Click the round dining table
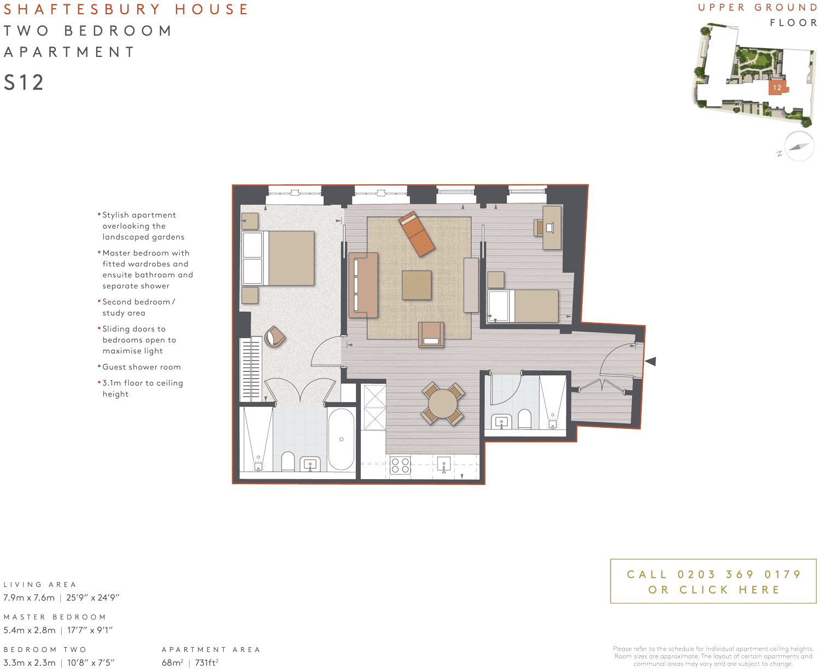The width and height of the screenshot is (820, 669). click(x=443, y=404)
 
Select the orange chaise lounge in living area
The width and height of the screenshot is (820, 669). click(x=417, y=234)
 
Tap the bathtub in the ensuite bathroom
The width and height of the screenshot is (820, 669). click(x=341, y=439)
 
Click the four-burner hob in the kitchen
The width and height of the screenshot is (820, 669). click(x=400, y=466)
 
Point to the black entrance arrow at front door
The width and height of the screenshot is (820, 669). click(x=650, y=361)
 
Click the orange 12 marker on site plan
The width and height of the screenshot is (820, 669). click(x=776, y=88)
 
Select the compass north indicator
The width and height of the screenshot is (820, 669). click(x=799, y=146)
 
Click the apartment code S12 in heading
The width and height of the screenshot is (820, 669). click(x=24, y=83)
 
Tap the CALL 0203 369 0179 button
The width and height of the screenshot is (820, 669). click(x=713, y=581)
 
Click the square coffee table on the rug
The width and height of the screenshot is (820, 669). click(x=417, y=285)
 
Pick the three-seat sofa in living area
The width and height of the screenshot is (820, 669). click(x=363, y=285)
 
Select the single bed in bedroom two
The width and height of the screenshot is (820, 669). click(x=523, y=306)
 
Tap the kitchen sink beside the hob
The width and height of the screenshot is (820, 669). click(x=443, y=466)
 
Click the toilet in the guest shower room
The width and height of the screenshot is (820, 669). click(x=524, y=419)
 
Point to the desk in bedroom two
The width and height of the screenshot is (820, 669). click(x=552, y=228)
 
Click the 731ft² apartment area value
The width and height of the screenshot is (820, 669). click(x=207, y=662)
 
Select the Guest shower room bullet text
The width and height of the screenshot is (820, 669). click(x=141, y=367)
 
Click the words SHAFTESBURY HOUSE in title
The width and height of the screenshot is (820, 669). click(x=126, y=9)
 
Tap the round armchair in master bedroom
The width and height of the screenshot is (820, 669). click(x=274, y=336)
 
